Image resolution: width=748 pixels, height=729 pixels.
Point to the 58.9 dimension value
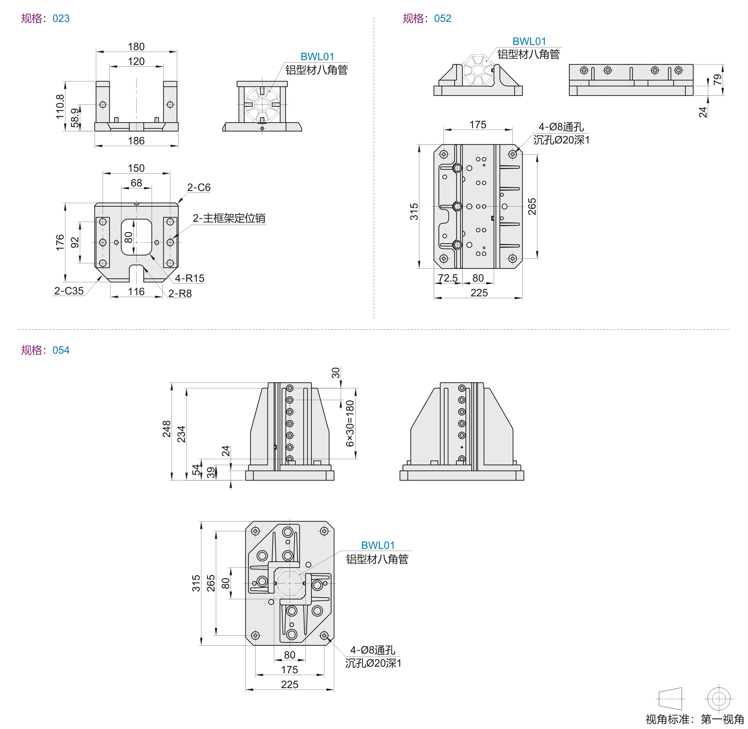point(75,117)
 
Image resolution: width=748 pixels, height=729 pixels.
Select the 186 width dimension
point(136,141)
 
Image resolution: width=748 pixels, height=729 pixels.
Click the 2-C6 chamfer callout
point(198,187)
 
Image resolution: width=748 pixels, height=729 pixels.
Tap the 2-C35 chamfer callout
point(69,291)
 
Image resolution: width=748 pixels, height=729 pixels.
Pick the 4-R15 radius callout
point(189,278)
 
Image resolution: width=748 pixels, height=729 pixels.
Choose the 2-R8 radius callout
point(180,293)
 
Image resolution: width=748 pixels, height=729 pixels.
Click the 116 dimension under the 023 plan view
point(136,292)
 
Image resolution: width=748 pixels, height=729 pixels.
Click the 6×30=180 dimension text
point(350,423)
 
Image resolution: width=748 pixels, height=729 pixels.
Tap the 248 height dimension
point(166,429)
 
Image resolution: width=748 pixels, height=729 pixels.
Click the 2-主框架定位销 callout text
point(229,218)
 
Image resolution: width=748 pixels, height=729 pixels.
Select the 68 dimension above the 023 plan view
point(136,183)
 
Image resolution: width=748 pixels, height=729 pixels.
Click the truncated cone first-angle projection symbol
point(671,699)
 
